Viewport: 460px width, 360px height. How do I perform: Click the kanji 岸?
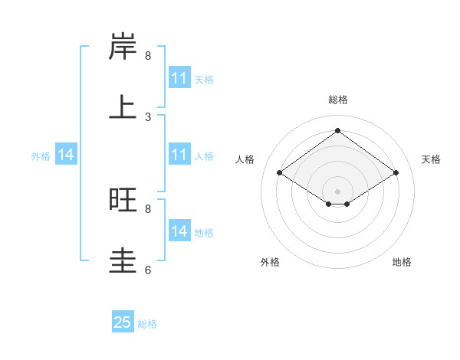tap(123, 47)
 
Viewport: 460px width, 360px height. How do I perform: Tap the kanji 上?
tap(123, 107)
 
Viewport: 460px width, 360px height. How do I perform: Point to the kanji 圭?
tap(123, 260)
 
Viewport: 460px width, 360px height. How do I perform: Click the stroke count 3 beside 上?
tap(148, 117)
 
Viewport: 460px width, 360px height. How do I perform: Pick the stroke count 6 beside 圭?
tap(148, 270)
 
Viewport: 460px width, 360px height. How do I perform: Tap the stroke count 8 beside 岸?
tap(148, 56)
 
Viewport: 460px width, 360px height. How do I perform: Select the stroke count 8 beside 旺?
tap(148, 208)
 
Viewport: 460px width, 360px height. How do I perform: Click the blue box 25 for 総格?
tap(123, 322)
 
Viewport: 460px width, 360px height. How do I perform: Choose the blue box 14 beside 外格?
tap(66, 155)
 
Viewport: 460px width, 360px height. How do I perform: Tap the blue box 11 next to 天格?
tap(179, 78)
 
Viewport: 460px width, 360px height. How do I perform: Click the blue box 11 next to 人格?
tap(179, 155)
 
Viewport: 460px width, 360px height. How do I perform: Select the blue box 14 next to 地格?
tap(179, 231)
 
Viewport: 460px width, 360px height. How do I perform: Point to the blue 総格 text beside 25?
tap(148, 324)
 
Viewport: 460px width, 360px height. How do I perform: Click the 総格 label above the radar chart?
tap(338, 100)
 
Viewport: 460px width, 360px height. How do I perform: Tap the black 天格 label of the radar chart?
tap(431, 159)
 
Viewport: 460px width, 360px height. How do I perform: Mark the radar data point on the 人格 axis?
tap(280, 173)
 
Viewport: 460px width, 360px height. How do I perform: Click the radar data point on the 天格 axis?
tap(396, 173)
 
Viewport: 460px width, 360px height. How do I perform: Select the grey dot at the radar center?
tap(338, 191)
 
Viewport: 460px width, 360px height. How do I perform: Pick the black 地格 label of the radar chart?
tap(402, 263)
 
